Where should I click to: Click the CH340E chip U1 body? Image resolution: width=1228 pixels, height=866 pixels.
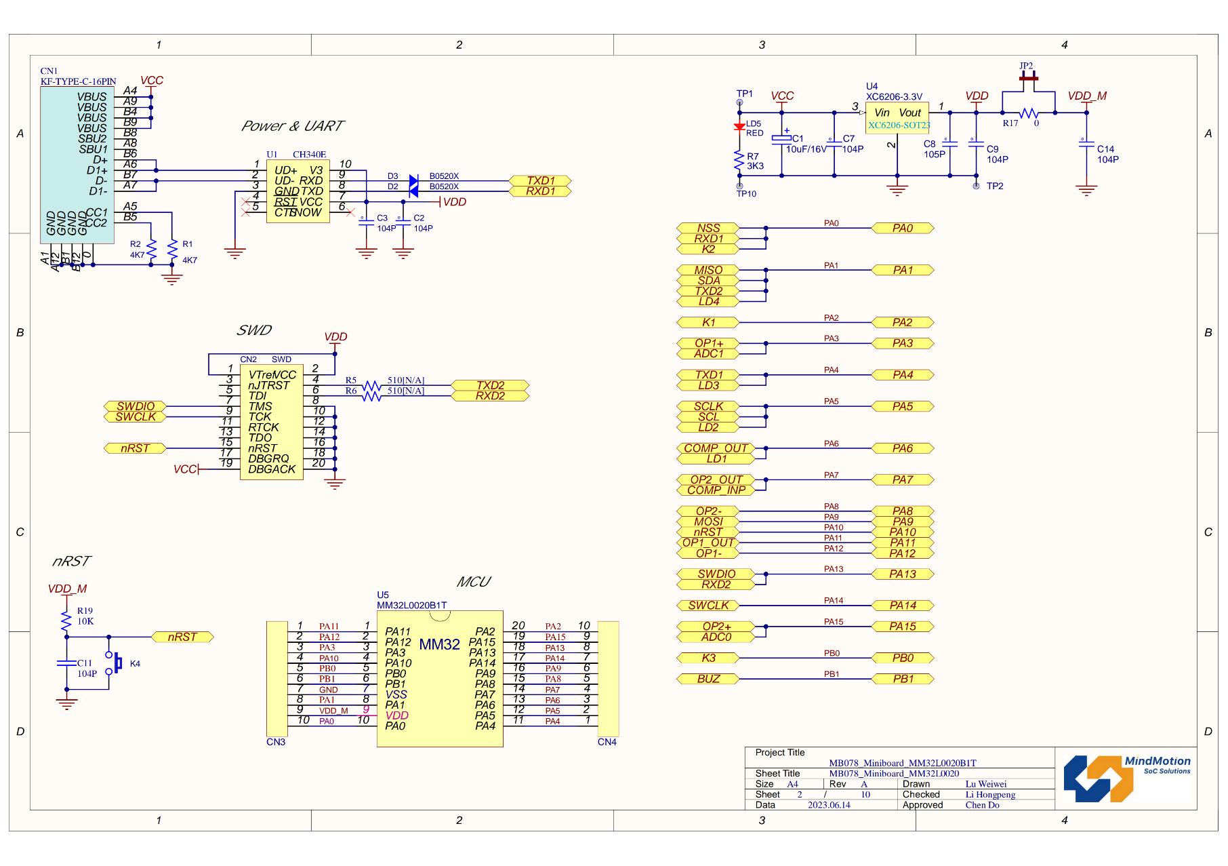[298, 191]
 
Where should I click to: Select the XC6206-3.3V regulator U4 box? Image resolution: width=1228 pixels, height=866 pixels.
[897, 118]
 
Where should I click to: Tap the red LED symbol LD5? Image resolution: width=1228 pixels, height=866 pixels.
[739, 127]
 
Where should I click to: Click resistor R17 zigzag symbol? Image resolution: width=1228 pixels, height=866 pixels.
[1029, 113]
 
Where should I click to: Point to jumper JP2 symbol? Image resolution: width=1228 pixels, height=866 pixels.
[1028, 78]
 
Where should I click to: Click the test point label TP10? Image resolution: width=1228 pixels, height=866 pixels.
[746, 194]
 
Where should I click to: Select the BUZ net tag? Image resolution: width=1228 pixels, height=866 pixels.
[708, 679]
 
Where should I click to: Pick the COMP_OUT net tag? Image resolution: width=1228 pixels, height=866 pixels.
[715, 448]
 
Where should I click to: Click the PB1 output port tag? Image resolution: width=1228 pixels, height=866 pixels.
[903, 679]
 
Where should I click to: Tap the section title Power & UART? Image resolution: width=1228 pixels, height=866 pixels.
[292, 126]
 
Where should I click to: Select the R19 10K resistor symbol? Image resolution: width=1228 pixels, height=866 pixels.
[66, 619]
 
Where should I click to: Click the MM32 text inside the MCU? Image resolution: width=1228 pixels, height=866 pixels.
[439, 644]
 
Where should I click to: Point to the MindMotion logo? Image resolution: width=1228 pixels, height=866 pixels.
[1126, 777]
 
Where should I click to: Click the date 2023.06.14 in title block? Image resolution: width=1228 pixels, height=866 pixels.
[828, 805]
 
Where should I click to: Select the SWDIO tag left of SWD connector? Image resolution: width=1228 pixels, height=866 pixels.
[136, 406]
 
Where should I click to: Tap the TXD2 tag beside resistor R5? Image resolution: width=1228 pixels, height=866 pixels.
[490, 385]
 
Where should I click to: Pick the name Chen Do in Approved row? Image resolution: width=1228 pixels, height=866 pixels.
[982, 805]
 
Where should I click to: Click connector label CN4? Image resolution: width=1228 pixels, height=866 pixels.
[607, 742]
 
